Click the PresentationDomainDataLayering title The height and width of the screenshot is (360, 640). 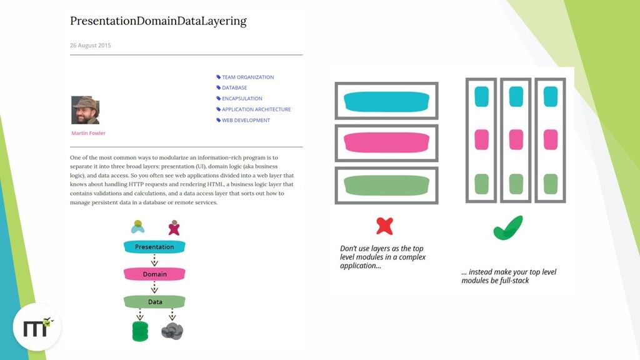[x=158, y=21]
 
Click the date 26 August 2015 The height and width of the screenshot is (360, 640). [x=91, y=46]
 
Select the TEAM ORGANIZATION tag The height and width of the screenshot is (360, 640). [x=247, y=77]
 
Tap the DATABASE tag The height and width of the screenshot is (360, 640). [x=234, y=88]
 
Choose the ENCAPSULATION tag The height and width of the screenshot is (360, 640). [x=242, y=99]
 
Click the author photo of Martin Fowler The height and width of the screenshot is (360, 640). [x=85, y=110]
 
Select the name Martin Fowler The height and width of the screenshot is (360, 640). [x=88, y=133]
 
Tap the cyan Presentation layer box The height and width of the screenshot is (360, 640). [x=154, y=247]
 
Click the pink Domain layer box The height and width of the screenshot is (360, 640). [x=154, y=274]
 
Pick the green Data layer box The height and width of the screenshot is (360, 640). [x=154, y=302]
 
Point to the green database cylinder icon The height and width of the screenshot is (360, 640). [x=140, y=330]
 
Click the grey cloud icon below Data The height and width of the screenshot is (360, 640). [x=172, y=330]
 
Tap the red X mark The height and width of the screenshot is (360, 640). [x=384, y=226]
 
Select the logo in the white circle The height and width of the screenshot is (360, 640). [x=37, y=327]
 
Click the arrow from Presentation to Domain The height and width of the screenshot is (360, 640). [x=154, y=260]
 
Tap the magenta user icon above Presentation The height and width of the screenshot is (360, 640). [x=174, y=227]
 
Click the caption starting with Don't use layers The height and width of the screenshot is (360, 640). [x=382, y=257]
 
